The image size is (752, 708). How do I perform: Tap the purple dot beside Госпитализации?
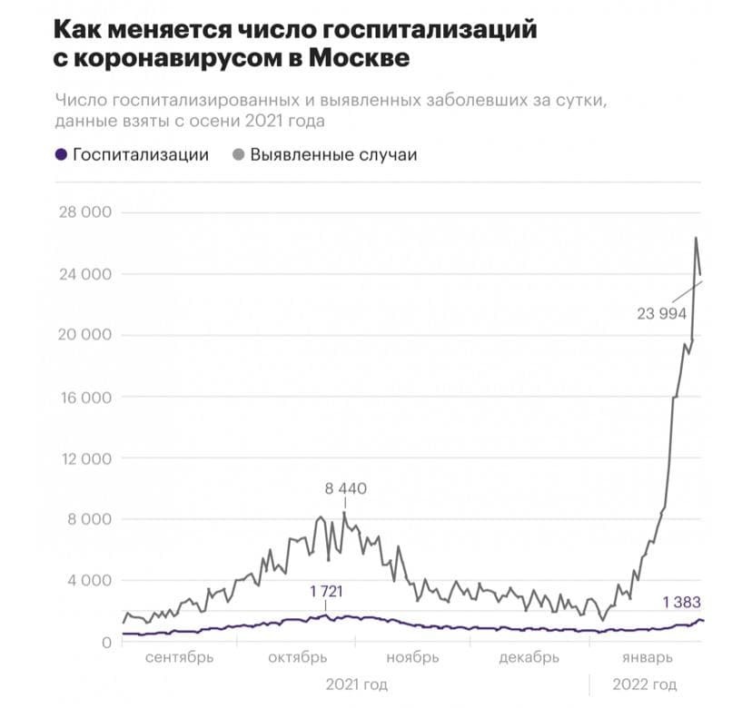coord(61,154)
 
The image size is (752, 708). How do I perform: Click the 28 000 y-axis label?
coord(83,212)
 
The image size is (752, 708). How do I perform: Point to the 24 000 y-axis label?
coord(83,274)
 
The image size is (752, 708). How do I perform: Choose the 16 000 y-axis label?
coord(83,397)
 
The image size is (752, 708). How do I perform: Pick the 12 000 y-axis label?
coord(83,458)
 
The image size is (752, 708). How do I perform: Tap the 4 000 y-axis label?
coord(88,581)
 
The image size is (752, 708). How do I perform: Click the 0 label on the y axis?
coord(105,642)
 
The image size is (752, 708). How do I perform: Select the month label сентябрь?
coord(180,657)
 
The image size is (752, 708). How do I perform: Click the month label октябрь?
coord(298,657)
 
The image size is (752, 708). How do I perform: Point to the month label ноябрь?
coord(411,657)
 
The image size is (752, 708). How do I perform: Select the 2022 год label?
coord(646,683)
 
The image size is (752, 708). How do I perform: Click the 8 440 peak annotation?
coord(345,489)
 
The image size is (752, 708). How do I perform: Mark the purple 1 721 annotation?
coord(326,592)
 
